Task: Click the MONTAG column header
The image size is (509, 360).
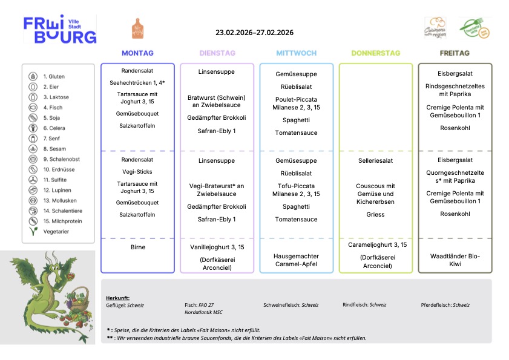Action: click(137, 53)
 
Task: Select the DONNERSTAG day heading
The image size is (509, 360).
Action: click(375, 53)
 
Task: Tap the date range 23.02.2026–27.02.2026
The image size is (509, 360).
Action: click(254, 33)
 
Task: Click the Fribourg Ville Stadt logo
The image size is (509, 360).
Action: click(60, 30)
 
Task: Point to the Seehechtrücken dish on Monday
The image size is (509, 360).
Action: click(137, 82)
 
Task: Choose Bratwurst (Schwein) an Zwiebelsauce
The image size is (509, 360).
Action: click(217, 101)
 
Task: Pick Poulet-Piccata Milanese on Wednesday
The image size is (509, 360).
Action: click(296, 103)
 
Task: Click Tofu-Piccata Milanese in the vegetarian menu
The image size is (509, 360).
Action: click(296, 190)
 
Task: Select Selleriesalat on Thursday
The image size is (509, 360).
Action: click(375, 161)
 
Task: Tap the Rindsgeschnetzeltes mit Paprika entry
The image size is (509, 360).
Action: click(455, 90)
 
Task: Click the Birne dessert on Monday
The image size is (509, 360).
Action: click(137, 247)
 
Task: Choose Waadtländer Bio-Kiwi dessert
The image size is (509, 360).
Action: click(455, 260)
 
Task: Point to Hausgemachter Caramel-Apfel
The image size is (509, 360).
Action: click(296, 260)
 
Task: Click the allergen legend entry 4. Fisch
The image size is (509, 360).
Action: click(53, 108)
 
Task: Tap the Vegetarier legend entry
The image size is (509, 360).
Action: click(56, 232)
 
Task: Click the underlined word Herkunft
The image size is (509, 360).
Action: click(117, 298)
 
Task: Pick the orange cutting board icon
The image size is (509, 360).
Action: click(137, 28)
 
